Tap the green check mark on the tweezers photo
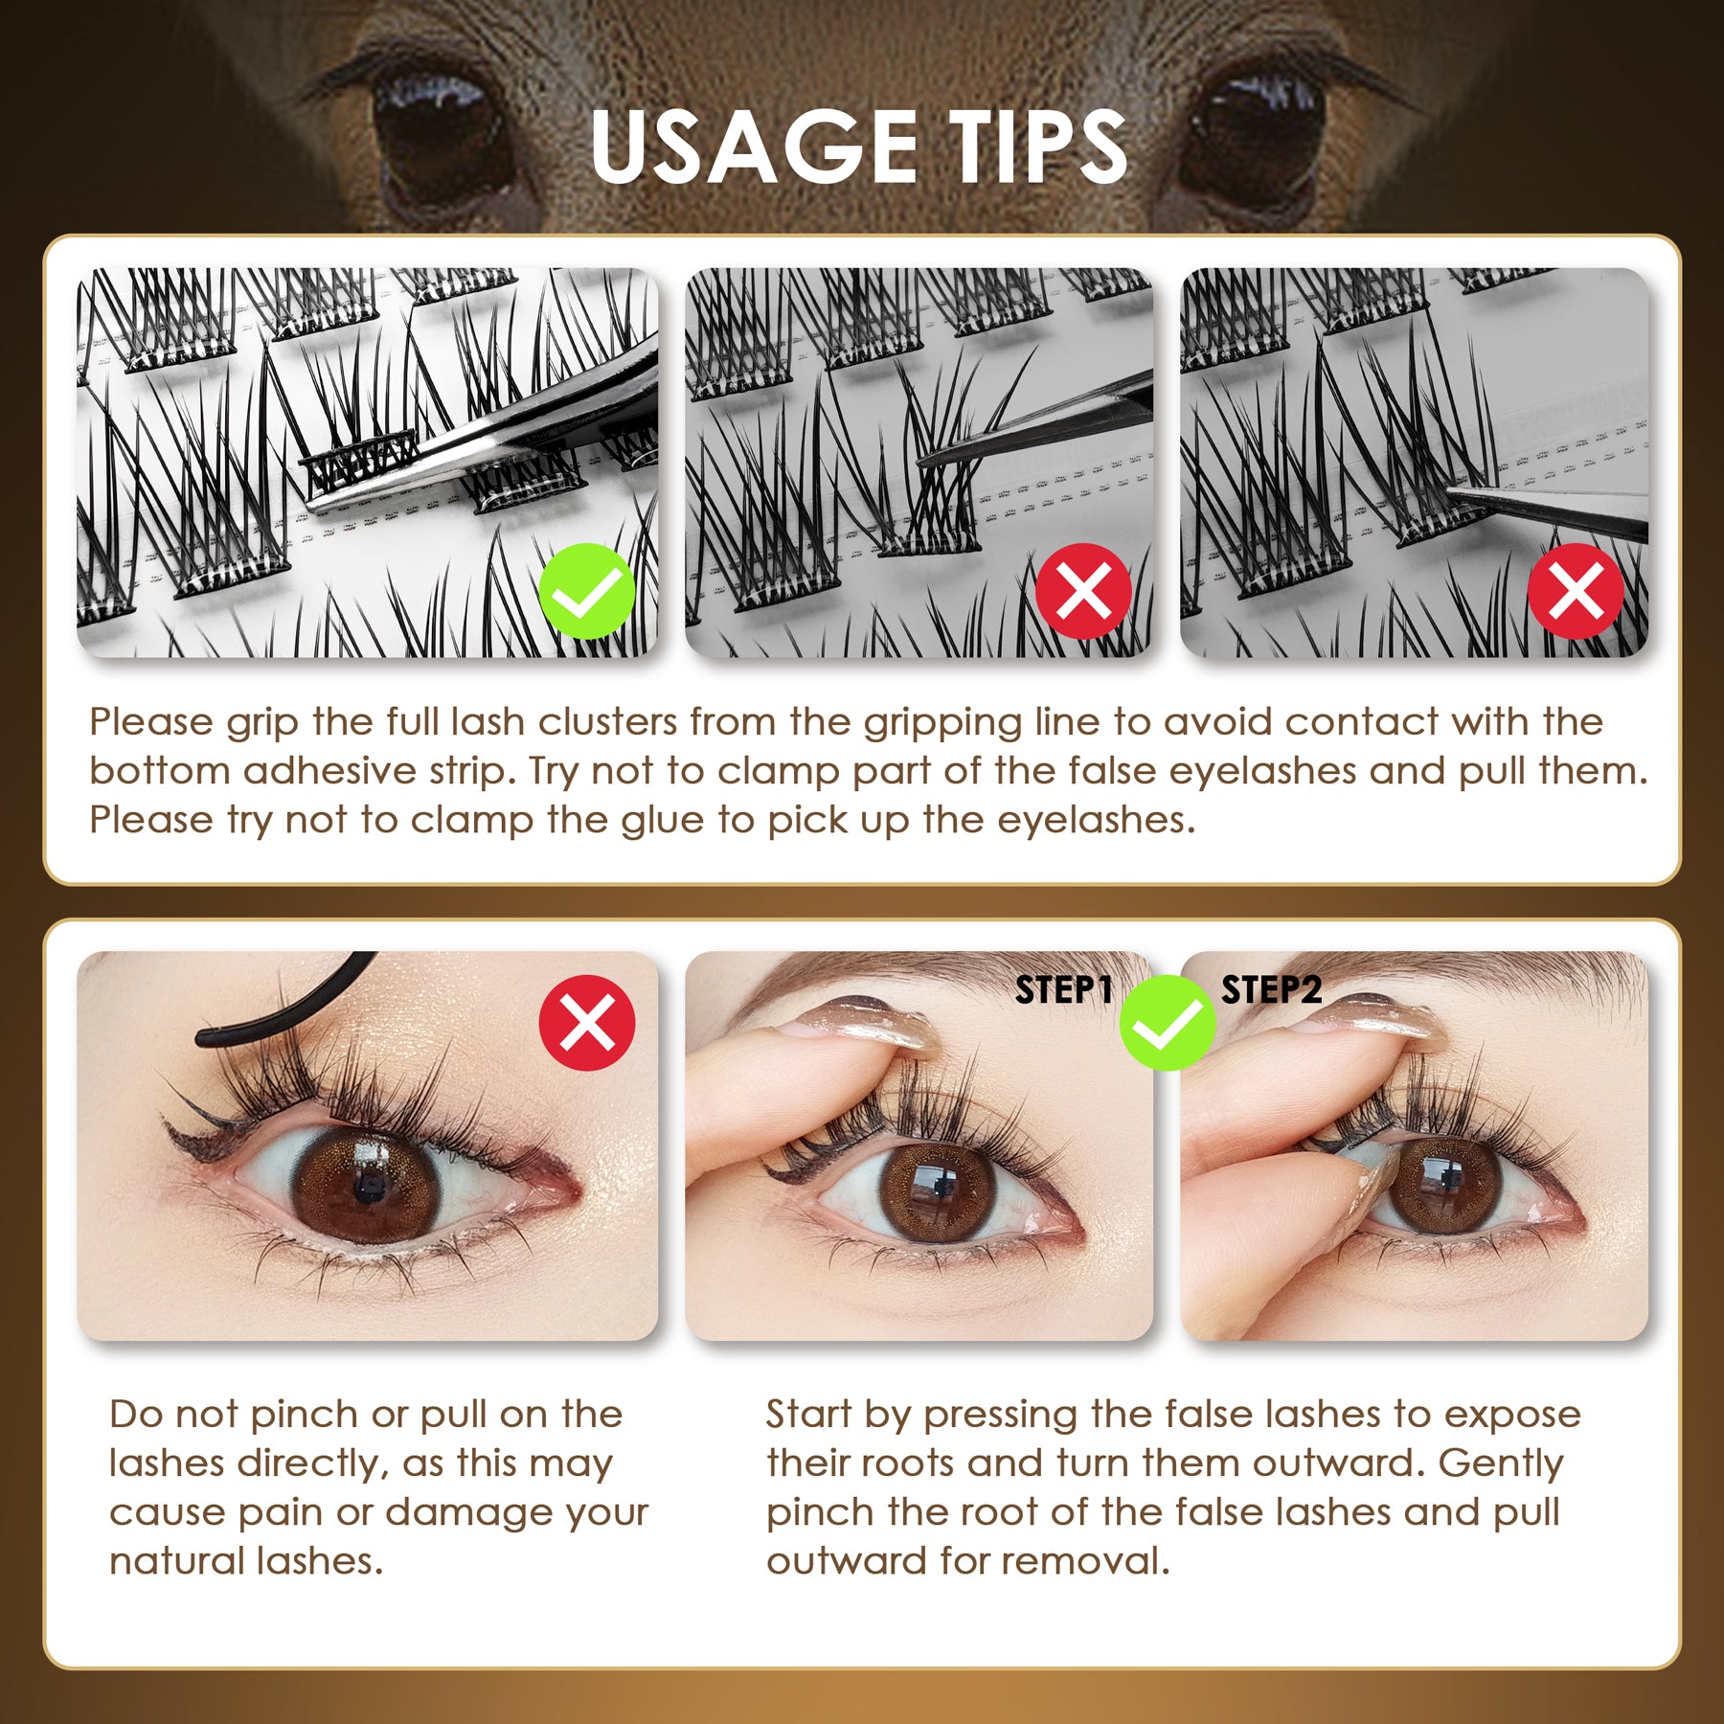(586, 591)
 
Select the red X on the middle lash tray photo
(1083, 591)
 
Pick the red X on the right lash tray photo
(1576, 591)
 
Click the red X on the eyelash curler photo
(586, 1023)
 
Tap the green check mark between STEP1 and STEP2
(1168, 1023)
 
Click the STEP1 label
(1063, 990)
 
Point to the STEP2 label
(1271, 990)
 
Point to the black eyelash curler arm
(287, 1006)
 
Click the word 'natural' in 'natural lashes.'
(176, 1561)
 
